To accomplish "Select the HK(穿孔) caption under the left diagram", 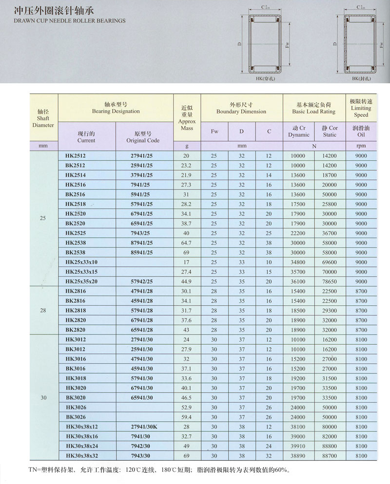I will [x=264, y=78].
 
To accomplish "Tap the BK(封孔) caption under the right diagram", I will [x=361, y=78].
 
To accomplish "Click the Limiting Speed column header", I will [x=361, y=108].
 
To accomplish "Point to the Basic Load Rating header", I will [x=314, y=108].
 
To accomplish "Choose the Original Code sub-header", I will [x=143, y=137].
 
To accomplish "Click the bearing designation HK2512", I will [x=75, y=156].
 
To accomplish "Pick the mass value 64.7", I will [x=186, y=242].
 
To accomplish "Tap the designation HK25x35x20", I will [x=81, y=281].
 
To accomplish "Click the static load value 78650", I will [x=330, y=281].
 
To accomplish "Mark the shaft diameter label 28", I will [x=43, y=310].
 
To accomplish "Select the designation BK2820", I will [x=75, y=330].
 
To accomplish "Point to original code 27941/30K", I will [x=145, y=427].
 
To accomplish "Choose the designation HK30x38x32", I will [x=81, y=456].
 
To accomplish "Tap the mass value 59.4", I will [x=186, y=417].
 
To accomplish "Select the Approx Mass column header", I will [x=187, y=118].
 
